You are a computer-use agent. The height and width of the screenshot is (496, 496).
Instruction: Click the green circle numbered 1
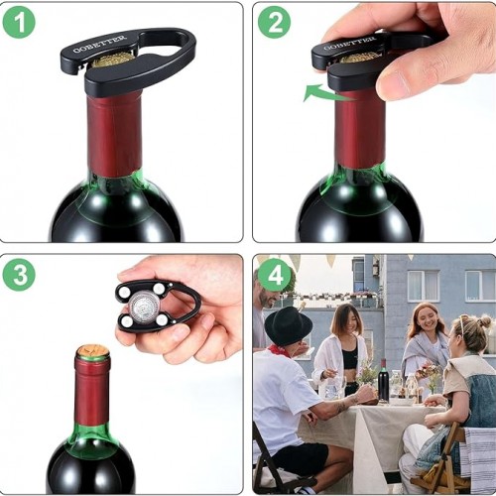(x=19, y=22)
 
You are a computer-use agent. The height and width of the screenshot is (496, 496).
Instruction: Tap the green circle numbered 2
(x=274, y=22)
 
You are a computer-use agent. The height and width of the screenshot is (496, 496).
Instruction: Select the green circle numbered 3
(x=19, y=275)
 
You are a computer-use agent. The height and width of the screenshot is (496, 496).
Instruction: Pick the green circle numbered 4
(x=274, y=275)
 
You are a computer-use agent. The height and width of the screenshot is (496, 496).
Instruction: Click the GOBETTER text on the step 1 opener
(x=100, y=44)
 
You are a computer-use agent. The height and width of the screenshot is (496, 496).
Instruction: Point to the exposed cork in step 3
(x=93, y=350)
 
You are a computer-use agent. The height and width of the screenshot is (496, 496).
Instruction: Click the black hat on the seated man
(x=289, y=326)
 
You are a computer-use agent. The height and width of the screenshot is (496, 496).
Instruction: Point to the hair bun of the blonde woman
(x=485, y=321)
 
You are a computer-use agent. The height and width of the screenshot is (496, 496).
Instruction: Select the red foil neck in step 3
(x=92, y=391)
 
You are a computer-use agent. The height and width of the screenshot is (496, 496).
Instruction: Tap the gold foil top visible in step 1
(x=111, y=61)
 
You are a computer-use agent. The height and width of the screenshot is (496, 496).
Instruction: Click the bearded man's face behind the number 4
(x=267, y=296)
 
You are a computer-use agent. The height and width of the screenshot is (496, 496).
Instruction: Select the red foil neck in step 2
(x=360, y=130)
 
